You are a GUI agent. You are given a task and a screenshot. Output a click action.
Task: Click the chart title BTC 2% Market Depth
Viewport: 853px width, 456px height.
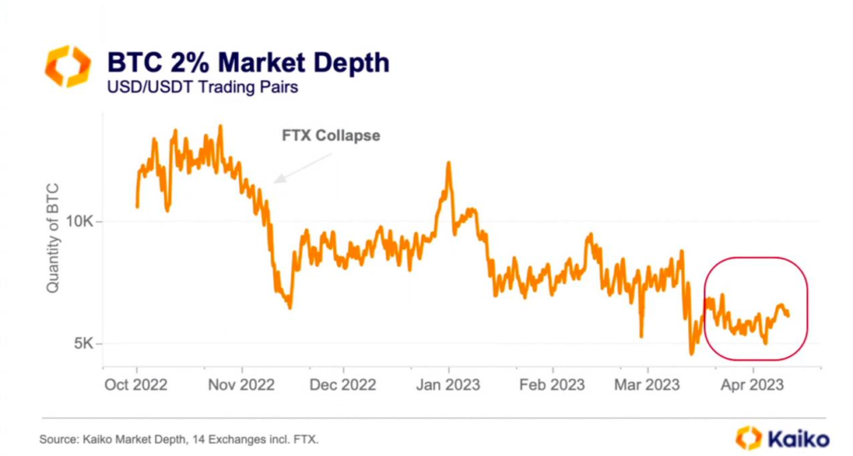click(x=247, y=62)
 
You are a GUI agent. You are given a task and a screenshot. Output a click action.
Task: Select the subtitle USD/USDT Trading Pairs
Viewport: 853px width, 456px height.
click(x=194, y=87)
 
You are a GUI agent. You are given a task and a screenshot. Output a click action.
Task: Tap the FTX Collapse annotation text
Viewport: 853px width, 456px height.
click(x=331, y=135)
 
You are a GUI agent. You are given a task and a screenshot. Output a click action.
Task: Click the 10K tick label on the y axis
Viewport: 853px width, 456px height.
click(x=84, y=222)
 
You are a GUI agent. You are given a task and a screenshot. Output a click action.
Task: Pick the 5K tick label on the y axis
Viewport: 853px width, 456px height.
click(x=87, y=344)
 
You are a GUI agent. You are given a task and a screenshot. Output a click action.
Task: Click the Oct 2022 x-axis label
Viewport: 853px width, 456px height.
click(x=137, y=386)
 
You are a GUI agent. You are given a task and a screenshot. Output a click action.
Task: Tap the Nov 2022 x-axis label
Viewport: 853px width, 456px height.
click(x=242, y=386)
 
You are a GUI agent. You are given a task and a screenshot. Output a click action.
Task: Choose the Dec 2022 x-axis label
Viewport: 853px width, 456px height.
click(x=343, y=386)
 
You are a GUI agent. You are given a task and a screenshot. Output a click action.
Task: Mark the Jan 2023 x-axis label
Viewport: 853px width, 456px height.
click(x=448, y=386)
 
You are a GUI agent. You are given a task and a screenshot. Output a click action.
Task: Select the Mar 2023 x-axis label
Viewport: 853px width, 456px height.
click(x=647, y=386)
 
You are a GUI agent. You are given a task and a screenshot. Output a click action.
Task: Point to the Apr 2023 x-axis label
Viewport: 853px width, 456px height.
click(x=752, y=386)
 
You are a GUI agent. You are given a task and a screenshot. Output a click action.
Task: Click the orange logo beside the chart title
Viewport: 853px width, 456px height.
click(x=67, y=67)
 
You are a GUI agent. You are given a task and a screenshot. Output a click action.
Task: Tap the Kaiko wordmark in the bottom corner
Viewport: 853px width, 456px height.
click(x=783, y=437)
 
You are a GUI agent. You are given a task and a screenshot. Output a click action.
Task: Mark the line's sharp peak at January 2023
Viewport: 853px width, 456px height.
click(x=448, y=163)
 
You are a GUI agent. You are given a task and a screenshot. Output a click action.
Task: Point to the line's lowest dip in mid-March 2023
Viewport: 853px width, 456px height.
click(x=691, y=354)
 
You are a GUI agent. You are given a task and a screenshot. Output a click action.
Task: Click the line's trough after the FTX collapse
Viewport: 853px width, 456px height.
click(x=289, y=307)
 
